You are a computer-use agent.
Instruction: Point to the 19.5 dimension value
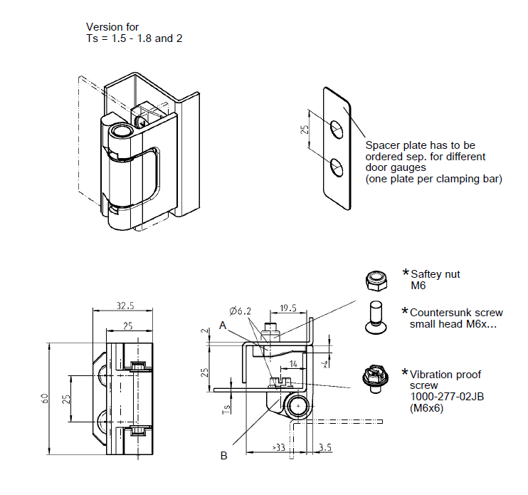point(287,309)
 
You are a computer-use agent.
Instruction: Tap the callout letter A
point(223,325)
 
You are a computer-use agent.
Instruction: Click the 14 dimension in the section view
point(293,363)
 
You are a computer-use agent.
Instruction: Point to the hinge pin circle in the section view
point(297,406)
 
